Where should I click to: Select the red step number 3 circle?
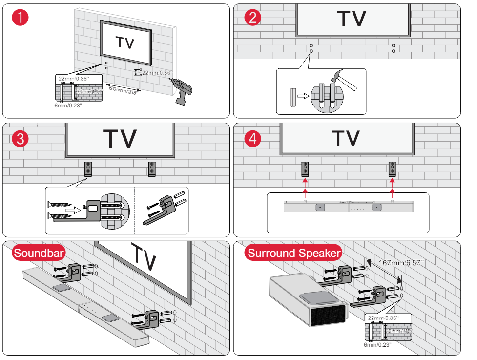[x=21, y=138]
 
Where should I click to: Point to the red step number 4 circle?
[x=252, y=138]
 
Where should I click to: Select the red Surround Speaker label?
[x=293, y=253]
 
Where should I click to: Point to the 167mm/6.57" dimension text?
[x=401, y=263]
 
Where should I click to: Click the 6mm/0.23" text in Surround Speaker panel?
[x=377, y=344]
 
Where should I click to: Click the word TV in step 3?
[x=120, y=139]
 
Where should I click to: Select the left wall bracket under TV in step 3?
[x=88, y=169]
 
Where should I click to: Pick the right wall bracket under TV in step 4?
[x=393, y=169]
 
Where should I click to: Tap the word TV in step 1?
[x=125, y=42]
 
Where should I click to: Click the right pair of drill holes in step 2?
[x=394, y=48]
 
